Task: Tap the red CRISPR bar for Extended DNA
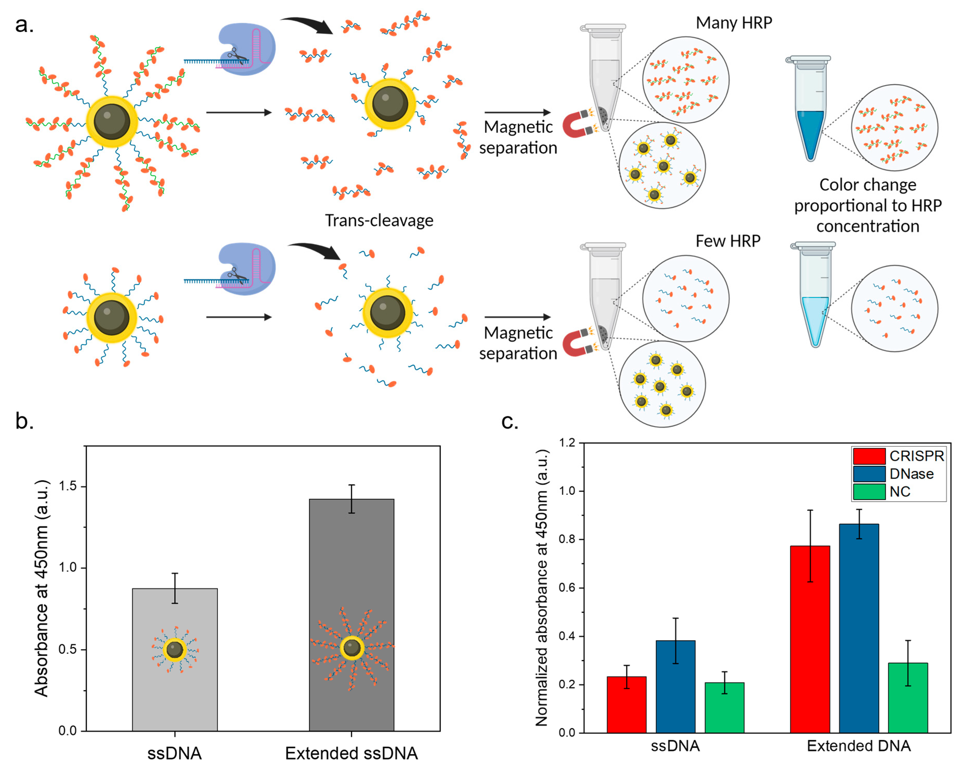click(810, 639)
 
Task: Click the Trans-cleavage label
click(379, 221)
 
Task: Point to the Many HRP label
click(734, 23)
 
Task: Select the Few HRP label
click(727, 241)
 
